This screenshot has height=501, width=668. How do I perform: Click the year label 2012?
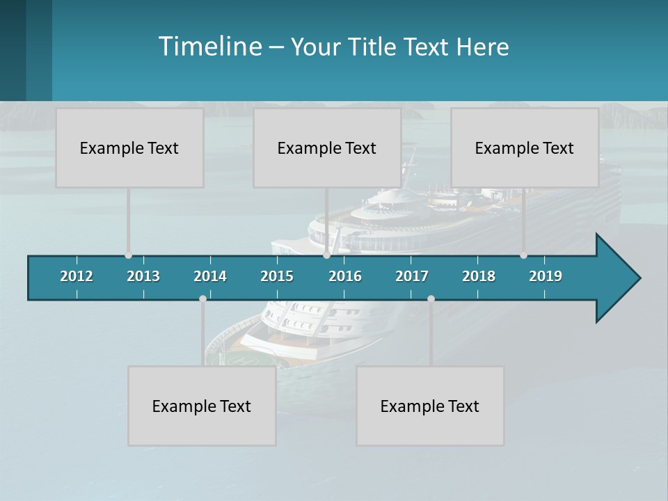77,276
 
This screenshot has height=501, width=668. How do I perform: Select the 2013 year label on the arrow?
143,276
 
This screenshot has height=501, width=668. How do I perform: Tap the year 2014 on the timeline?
210,276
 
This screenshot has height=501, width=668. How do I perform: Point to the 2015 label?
277,276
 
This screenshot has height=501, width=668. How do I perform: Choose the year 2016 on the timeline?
345,276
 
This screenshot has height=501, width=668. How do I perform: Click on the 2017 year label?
412,276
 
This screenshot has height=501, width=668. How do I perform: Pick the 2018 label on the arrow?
479,276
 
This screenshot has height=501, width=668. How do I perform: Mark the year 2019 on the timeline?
546,276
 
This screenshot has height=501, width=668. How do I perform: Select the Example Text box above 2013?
129,148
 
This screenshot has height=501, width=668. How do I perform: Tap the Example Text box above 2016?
326,148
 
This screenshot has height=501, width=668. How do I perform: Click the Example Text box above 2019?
524,148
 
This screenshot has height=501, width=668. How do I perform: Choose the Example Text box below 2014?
202,406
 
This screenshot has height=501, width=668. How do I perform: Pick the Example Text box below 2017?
429,406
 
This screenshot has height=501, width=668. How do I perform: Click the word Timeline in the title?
209,46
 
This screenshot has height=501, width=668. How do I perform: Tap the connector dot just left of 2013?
128,255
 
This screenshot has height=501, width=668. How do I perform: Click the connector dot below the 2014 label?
202,299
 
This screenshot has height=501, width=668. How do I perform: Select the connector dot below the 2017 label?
431,299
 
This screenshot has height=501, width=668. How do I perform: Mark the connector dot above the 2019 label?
523,255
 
